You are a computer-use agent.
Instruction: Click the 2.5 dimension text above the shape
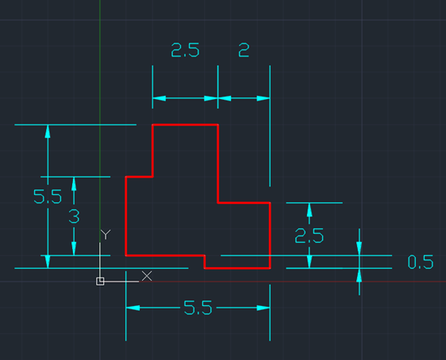[185, 50]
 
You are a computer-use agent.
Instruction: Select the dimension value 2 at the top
[244, 50]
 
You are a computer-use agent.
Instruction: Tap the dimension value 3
[74, 216]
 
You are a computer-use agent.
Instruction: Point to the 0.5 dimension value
[421, 262]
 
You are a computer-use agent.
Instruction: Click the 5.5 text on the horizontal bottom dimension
[198, 308]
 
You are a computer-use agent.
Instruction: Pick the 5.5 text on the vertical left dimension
[48, 197]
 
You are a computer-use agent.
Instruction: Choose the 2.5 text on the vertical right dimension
[310, 236]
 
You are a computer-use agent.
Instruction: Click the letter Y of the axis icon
[106, 235]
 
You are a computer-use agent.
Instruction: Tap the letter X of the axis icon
[147, 276]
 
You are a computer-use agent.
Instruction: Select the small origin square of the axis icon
[100, 281]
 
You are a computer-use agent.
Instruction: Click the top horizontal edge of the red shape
[185, 124]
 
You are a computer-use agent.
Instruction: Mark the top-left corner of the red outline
[152, 124]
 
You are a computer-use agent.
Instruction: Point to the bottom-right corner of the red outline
[270, 268]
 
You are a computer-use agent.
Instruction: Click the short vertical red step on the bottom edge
[205, 262]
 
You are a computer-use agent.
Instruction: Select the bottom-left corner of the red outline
[125, 255]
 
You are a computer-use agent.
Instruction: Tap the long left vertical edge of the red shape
[125, 216]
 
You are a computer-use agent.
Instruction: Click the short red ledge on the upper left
[139, 177]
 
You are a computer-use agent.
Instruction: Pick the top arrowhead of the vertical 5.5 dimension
[48, 132]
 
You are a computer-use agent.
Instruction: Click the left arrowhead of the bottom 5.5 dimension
[133, 308]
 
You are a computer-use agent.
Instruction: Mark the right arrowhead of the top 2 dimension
[263, 98]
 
